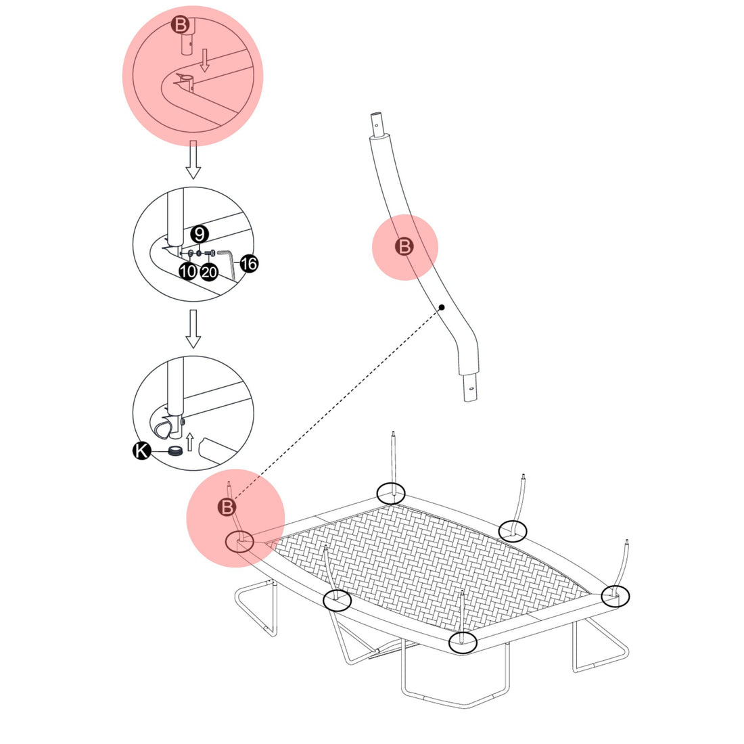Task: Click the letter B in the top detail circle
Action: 180,26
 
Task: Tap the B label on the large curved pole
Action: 404,247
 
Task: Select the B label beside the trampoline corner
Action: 227,507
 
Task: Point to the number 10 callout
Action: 188,272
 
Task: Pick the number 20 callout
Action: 209,272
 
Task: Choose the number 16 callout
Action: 249,264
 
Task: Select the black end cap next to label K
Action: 176,452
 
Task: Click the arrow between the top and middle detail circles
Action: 193,160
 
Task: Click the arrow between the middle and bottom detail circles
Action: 193,329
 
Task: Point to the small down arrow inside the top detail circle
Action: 205,64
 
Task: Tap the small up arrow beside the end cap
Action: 191,442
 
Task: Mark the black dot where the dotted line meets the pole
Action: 441,308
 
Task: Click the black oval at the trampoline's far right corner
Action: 615,595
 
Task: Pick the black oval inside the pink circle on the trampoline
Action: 239,541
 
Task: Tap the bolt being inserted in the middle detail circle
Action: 210,254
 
